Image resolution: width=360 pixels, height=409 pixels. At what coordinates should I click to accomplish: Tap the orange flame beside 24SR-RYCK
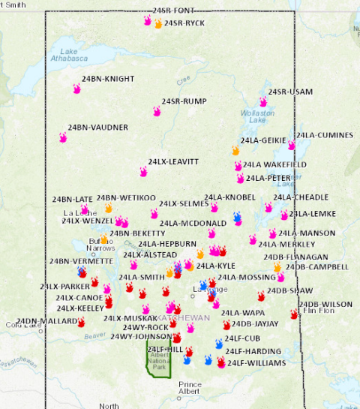coord(158,24)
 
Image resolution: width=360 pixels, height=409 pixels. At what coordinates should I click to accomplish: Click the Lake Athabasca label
coord(65,56)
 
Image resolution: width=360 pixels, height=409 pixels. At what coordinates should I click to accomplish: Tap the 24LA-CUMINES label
coord(323,135)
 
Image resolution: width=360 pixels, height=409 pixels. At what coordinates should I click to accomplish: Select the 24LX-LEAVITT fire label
coord(173,161)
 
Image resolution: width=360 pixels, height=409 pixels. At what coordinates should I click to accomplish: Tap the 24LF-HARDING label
coord(253,351)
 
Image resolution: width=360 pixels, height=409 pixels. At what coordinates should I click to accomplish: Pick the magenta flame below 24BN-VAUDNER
coord(63,138)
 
